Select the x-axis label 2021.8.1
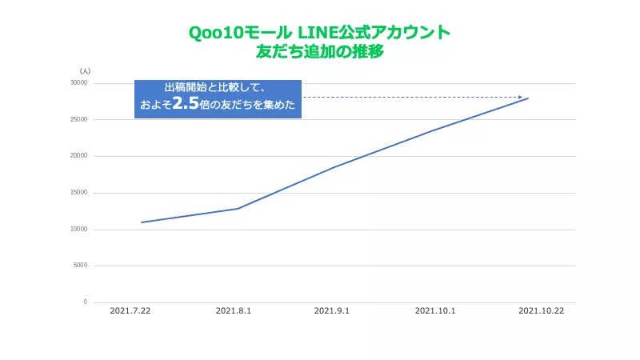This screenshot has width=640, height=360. click(234, 311)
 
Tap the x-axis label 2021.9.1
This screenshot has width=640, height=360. click(332, 311)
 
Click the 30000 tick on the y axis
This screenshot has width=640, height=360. click(78, 83)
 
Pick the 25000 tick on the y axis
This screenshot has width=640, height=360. click(78, 120)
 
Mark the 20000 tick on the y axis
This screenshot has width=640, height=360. click(78, 156)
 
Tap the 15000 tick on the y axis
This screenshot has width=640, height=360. click(78, 193)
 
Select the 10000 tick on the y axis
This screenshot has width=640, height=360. click(78, 230)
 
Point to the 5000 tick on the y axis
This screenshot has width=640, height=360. click(80, 266)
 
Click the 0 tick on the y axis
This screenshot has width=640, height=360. click(85, 302)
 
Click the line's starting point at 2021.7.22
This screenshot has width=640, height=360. click(141, 222)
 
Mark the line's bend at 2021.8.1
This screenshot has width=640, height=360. click(238, 208)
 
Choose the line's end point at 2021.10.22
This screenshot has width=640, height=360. click(529, 98)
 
